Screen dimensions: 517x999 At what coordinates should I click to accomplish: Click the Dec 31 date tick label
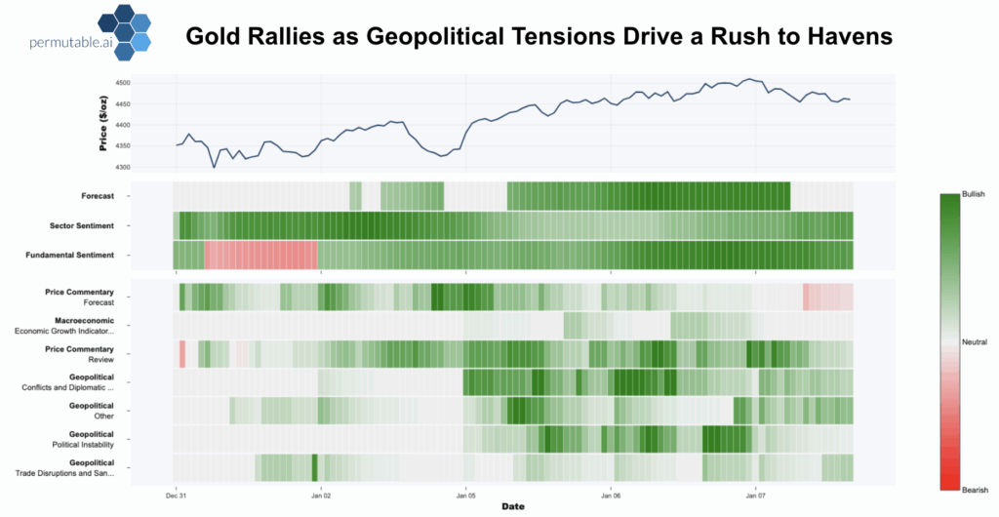point(176,496)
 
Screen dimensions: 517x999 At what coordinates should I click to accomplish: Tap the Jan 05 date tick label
point(465,496)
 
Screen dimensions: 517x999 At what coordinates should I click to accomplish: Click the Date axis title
point(513,507)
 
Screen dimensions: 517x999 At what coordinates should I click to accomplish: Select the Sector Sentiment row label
point(82,225)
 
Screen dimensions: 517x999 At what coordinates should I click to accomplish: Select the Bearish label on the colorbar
point(976,489)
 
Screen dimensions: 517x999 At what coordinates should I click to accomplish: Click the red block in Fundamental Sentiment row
point(260,255)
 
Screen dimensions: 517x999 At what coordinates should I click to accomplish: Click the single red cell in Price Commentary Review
point(181,354)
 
